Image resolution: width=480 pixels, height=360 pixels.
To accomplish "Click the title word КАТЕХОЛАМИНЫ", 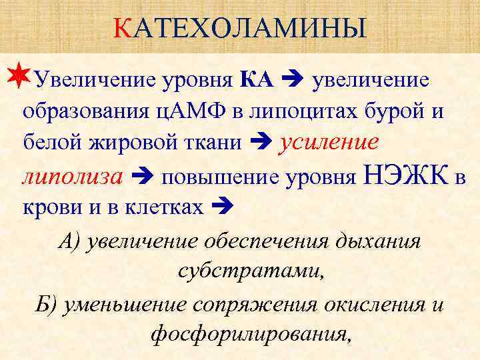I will tap(239, 28).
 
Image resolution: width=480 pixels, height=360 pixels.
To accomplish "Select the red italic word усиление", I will tap(329, 142).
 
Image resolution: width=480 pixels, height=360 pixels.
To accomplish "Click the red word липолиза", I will tap(72, 176).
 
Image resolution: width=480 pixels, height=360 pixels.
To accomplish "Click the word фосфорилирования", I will tap(251, 335).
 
